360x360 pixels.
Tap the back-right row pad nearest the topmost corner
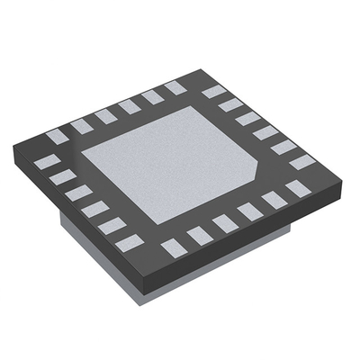tap(213, 91)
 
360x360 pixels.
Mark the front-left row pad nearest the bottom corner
tap(129, 241)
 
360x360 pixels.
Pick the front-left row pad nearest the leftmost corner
tap(44, 162)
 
